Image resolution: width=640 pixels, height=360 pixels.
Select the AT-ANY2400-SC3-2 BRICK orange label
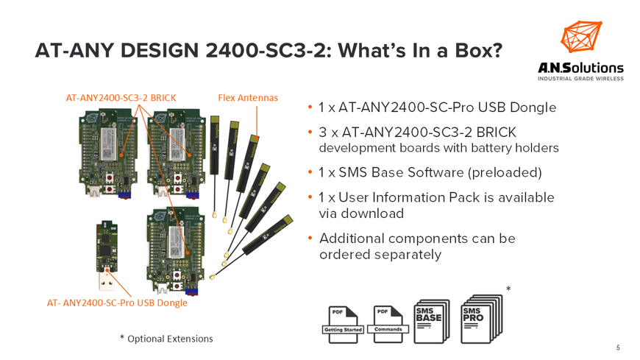tap(121, 96)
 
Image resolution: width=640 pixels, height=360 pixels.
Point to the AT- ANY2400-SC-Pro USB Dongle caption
tap(116, 303)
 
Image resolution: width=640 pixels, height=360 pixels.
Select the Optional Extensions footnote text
tap(170, 339)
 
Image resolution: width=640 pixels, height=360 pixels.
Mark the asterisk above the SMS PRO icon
tap(508, 289)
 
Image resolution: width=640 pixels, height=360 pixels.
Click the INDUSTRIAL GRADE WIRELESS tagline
tap(580, 78)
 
